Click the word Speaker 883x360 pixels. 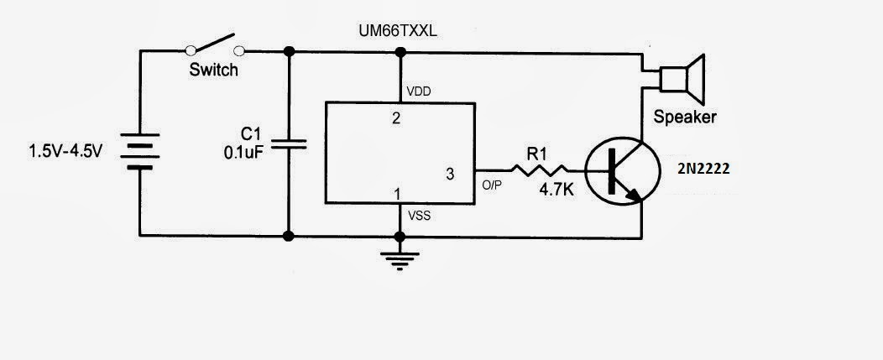pyautogui.click(x=685, y=117)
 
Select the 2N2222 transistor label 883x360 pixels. pyautogui.click(x=704, y=170)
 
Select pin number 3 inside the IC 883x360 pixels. pyautogui.click(x=451, y=174)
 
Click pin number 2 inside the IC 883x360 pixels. pyautogui.click(x=396, y=118)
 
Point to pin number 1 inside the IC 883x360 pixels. pyautogui.click(x=397, y=194)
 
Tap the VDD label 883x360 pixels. pyautogui.click(x=419, y=91)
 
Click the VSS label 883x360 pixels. pyautogui.click(x=420, y=215)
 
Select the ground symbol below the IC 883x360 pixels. pyautogui.click(x=400, y=259)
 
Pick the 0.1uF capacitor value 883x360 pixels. pyautogui.click(x=244, y=153)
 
